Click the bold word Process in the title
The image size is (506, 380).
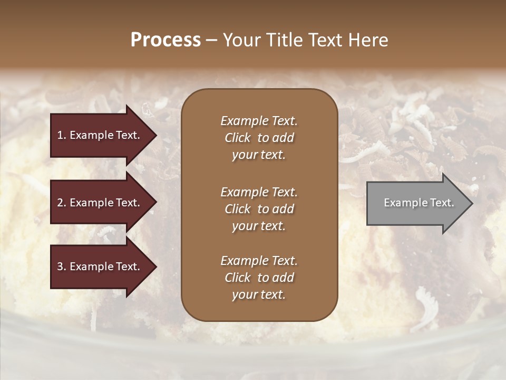coord(166,40)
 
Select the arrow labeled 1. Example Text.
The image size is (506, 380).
coord(100,135)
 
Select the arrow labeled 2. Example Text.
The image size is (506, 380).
coord(100,203)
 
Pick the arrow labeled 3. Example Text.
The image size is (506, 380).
coord(100,267)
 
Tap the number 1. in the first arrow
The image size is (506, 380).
coord(62,135)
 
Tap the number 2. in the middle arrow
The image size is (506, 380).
coord(62,203)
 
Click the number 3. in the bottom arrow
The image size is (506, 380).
coord(62,267)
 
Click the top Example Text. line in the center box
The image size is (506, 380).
coord(259,121)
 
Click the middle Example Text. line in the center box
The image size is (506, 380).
coord(259,192)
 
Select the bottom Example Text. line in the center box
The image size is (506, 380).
coord(259,261)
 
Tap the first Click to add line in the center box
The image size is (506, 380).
coord(259,138)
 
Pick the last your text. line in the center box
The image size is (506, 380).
coord(259,295)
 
